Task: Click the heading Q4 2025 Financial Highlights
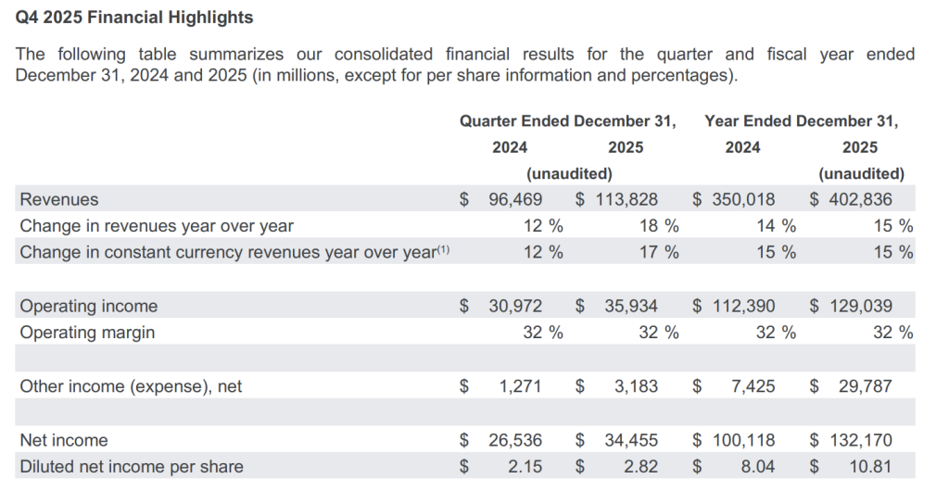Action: click(x=134, y=18)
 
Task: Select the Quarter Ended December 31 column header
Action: click(x=567, y=121)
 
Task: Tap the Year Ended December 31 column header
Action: click(x=801, y=121)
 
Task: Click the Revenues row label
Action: click(x=59, y=199)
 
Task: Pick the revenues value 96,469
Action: click(x=515, y=199)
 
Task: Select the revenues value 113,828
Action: click(x=627, y=199)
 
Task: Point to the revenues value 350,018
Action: click(x=744, y=199)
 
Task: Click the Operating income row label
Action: click(x=89, y=306)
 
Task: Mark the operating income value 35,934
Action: click(x=631, y=306)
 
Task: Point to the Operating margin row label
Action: click(x=87, y=332)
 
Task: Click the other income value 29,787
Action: click(x=864, y=386)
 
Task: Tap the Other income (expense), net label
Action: click(x=131, y=386)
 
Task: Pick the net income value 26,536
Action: click(x=515, y=440)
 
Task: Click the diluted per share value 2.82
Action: click(x=639, y=466)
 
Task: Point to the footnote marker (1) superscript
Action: click(x=442, y=248)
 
